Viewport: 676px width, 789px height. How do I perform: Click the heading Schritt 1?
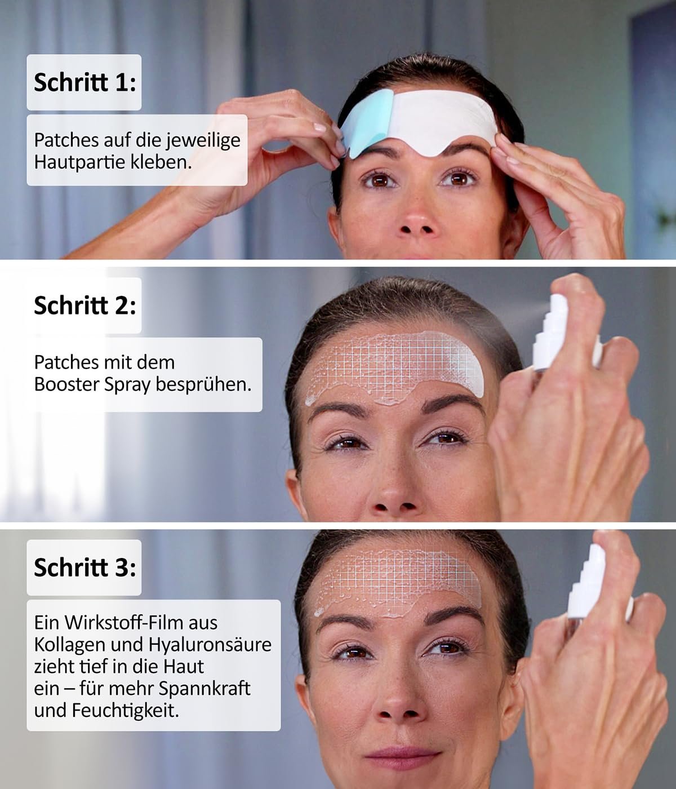pyautogui.click(x=84, y=82)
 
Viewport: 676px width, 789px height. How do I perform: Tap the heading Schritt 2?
pyautogui.click(x=84, y=305)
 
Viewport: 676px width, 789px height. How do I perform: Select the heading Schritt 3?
pyautogui.click(x=84, y=567)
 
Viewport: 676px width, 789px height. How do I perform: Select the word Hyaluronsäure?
pyautogui.click(x=210, y=645)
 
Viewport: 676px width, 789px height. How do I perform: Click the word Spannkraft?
pyautogui.click(x=204, y=689)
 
